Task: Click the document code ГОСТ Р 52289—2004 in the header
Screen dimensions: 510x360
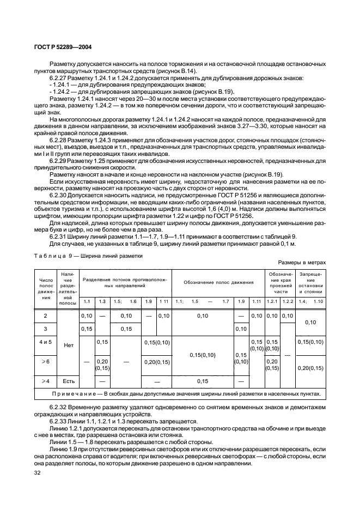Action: pos(60,47)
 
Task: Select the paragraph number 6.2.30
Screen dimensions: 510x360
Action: pos(58,194)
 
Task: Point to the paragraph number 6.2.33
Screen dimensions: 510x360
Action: pos(58,422)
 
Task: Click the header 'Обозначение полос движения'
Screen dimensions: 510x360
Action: pos(218,282)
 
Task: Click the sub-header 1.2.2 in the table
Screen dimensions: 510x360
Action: pos(288,301)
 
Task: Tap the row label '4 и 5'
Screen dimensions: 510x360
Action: pos(45,342)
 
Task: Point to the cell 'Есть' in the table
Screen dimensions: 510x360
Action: pos(68,381)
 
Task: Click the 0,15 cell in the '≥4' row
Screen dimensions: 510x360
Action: pos(203,381)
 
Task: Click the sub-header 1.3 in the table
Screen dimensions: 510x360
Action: pos(102,301)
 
